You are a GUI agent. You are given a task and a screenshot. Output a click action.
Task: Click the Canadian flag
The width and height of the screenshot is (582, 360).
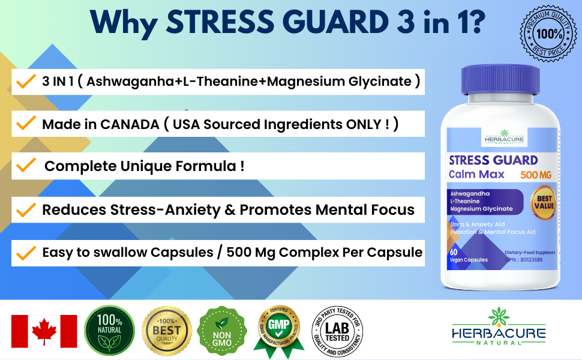44,331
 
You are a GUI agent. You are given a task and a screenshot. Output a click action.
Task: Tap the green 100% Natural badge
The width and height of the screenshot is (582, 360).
109,331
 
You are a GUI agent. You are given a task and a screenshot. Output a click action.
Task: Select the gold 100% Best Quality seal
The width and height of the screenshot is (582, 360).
167,331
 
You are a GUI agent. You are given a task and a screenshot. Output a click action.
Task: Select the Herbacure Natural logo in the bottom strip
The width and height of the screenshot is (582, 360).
499,331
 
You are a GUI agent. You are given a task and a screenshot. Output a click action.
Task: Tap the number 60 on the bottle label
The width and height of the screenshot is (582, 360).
454,251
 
